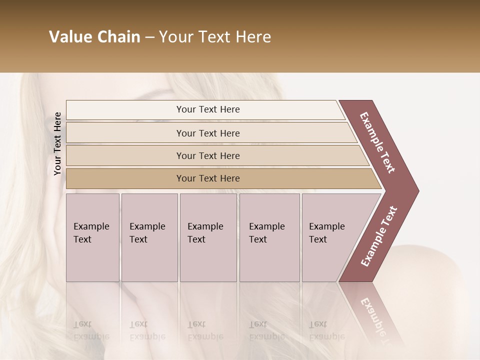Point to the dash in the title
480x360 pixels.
(x=149, y=37)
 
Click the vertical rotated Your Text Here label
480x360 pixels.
(x=57, y=143)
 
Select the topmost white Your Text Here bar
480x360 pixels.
(x=208, y=109)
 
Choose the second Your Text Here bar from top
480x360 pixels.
(x=208, y=133)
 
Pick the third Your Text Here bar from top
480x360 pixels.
(x=208, y=155)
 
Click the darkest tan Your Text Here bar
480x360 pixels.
(x=208, y=178)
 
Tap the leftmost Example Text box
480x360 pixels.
(x=92, y=237)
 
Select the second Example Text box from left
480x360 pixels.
(x=149, y=237)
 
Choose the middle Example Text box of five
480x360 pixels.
(x=208, y=237)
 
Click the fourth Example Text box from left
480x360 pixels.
(x=269, y=237)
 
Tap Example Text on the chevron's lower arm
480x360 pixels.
(x=379, y=236)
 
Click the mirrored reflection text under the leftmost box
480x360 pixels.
(x=91, y=330)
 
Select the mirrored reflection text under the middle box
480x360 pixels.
(x=205, y=330)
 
